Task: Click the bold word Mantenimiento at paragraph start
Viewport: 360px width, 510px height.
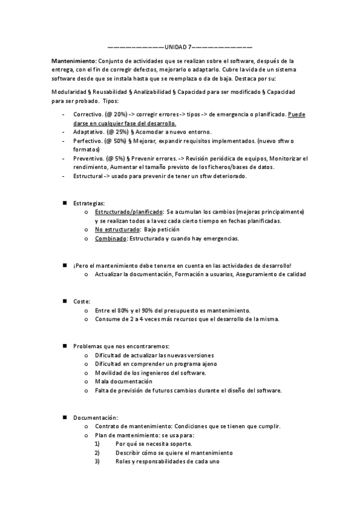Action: (x=73, y=61)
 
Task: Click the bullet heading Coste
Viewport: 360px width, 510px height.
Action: (x=82, y=301)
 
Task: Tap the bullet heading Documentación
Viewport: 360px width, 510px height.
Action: (x=96, y=417)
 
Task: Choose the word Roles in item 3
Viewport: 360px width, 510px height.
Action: (x=124, y=462)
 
